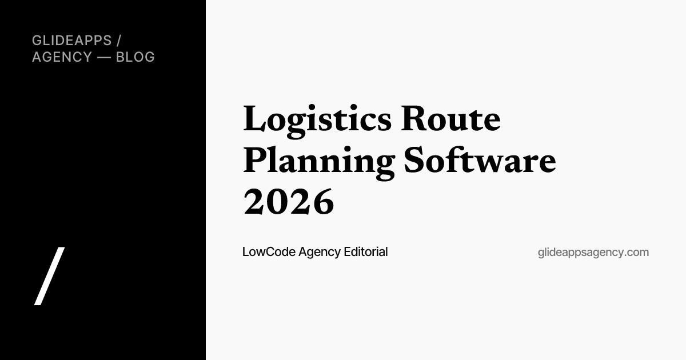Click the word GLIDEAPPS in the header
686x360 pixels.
pyautogui.click(x=72, y=41)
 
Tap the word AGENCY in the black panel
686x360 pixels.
pyautogui.click(x=62, y=57)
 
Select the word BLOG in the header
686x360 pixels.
pyautogui.click(x=135, y=57)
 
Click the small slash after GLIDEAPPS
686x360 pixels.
pyautogui.click(x=119, y=41)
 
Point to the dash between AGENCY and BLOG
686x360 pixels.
pyautogui.click(x=104, y=57)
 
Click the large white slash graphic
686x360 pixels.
pyautogui.click(x=49, y=276)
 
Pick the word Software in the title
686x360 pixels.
pyautogui.click(x=480, y=160)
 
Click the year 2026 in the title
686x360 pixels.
pyautogui.click(x=289, y=201)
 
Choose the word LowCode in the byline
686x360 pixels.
pyautogui.click(x=269, y=252)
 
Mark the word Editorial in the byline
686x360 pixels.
pyautogui.click(x=366, y=252)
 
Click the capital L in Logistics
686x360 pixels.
pyautogui.click(x=254, y=118)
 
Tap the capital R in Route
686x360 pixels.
pyautogui.click(x=413, y=118)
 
